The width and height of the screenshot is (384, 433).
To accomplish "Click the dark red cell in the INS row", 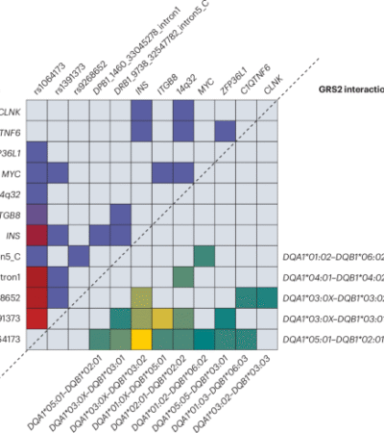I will pos(36,234).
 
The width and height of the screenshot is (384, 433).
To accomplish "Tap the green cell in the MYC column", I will pos(203,255).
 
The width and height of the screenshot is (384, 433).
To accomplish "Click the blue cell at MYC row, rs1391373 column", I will pos(58,171).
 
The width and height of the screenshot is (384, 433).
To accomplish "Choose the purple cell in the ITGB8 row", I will pos(36,213).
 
